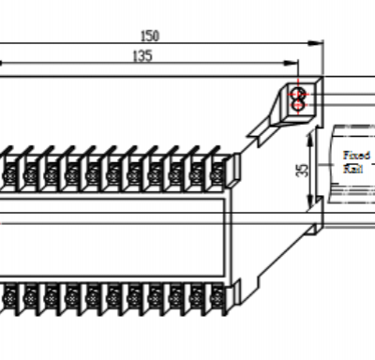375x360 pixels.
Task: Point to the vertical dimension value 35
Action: point(301,170)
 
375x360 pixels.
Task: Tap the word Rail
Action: point(353,169)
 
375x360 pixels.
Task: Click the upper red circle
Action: point(299,94)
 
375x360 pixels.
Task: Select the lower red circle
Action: point(299,105)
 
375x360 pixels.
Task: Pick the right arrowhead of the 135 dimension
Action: point(292,64)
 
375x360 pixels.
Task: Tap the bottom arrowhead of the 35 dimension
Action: point(311,211)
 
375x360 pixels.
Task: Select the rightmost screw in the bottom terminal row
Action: point(217,299)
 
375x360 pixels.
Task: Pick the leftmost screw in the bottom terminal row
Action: point(9,299)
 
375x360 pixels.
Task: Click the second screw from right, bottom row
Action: point(197,299)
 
